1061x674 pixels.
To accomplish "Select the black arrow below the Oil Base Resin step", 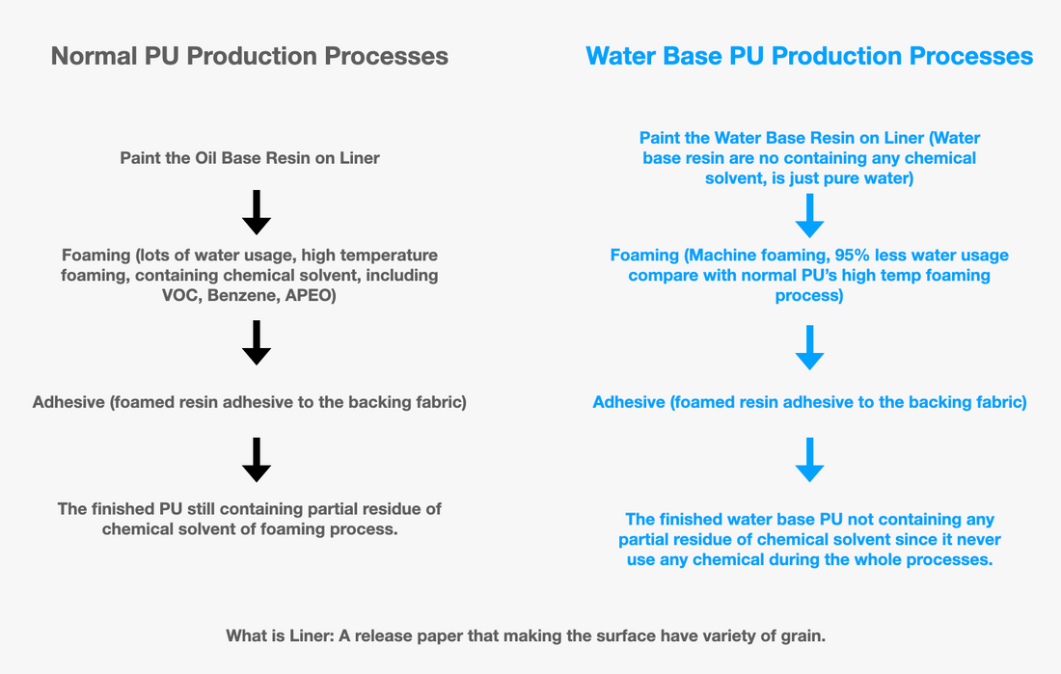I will (256, 212).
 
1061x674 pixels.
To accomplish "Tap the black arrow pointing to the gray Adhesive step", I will (256, 342).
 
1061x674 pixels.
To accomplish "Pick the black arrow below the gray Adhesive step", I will (256, 459).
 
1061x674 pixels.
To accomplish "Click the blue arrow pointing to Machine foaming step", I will (809, 215).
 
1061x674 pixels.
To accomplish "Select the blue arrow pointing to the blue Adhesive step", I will (809, 347).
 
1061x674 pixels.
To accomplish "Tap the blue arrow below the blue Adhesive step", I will (809, 459).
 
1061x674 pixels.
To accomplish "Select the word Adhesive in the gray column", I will (68, 402).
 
